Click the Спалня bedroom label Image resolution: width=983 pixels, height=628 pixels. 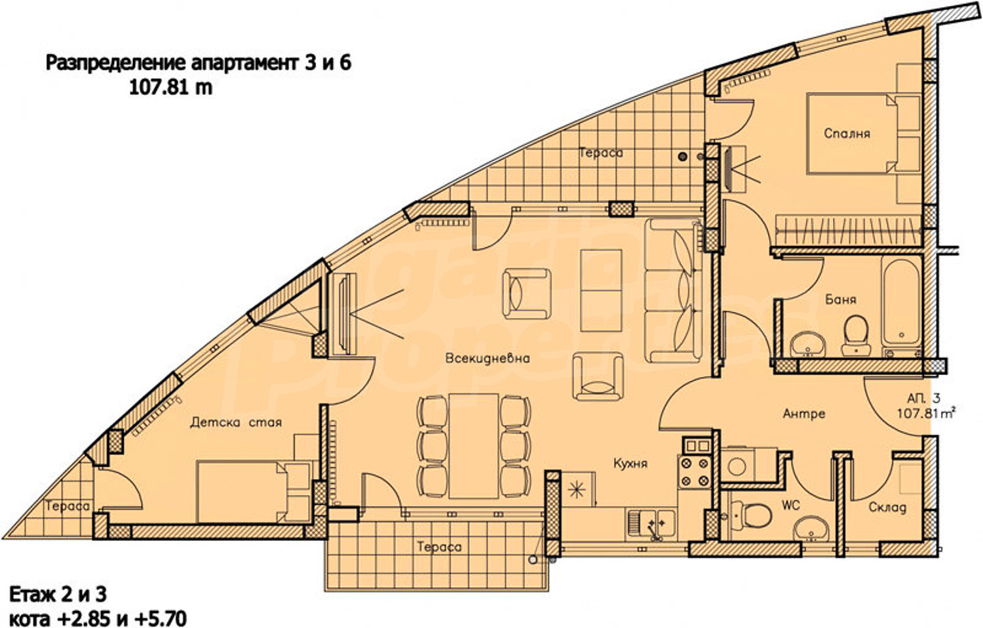click(847, 134)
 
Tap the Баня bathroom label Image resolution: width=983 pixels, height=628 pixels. click(840, 300)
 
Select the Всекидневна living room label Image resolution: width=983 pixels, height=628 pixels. click(488, 358)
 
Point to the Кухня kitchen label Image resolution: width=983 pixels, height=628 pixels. click(630, 463)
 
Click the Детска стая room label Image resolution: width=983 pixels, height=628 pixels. click(236, 422)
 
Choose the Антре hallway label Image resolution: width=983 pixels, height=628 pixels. click(804, 414)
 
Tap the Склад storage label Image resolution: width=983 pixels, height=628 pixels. click(887, 508)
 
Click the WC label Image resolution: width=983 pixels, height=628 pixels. click(790, 505)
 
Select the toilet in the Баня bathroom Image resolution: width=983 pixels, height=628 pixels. click(856, 335)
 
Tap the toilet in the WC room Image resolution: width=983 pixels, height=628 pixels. click(752, 515)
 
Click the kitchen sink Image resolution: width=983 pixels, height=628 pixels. click(651, 524)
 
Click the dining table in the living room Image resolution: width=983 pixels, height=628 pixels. click(473, 446)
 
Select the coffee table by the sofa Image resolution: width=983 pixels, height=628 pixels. click(601, 290)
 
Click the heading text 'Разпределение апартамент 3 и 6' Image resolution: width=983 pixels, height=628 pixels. click(199, 64)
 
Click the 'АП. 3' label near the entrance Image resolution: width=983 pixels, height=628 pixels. click(924, 398)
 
